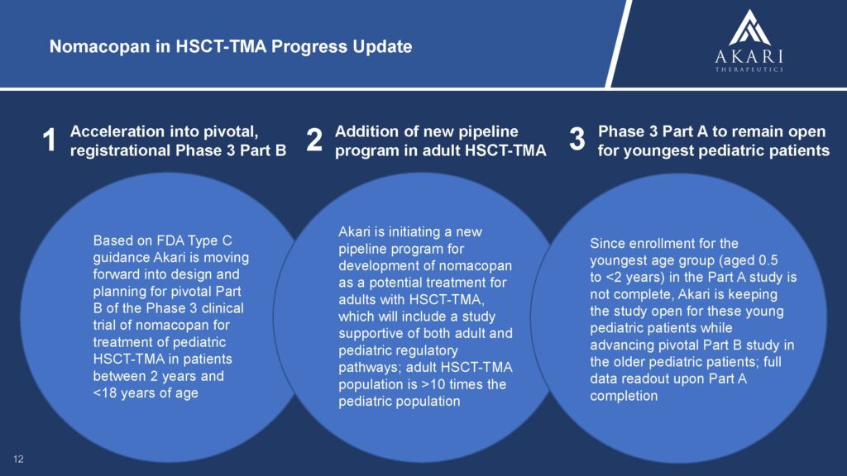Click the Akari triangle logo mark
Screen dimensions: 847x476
(749, 27)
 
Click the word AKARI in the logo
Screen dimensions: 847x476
(749, 57)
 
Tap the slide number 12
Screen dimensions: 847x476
(18, 459)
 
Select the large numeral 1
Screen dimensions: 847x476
(49, 140)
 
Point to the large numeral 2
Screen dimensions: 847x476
(314, 140)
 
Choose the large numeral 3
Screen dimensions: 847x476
(577, 139)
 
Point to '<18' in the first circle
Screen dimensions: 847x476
(105, 393)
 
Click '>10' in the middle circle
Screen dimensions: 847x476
(433, 384)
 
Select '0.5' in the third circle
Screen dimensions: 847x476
(768, 260)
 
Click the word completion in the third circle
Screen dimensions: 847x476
(624, 396)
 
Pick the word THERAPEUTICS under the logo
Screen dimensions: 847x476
(749, 69)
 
